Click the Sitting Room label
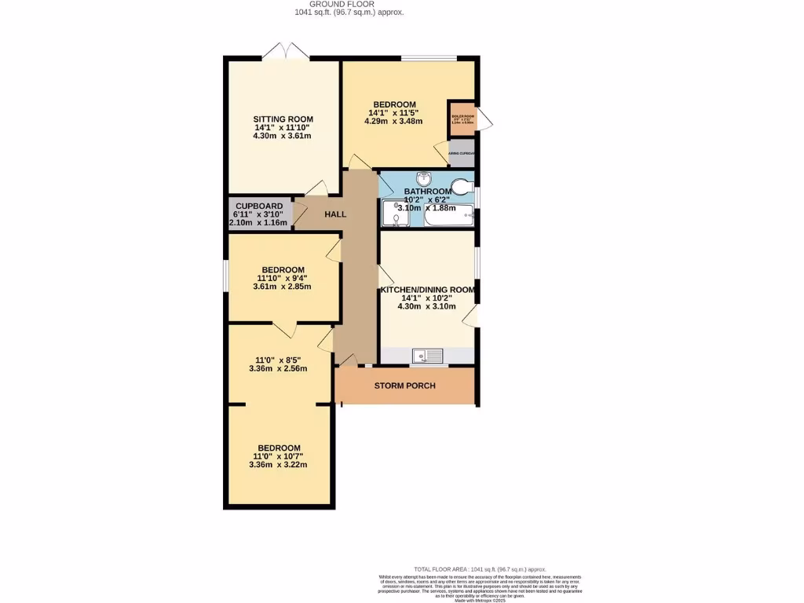pyautogui.click(x=282, y=119)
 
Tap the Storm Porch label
pyautogui.click(x=404, y=386)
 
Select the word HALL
pyautogui.click(x=335, y=214)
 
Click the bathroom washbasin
pyautogui.click(x=424, y=178)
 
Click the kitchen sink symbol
pyautogui.click(x=427, y=356)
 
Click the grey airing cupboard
pyautogui.click(x=462, y=154)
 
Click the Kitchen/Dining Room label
pyautogui.click(x=428, y=290)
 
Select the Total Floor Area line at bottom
pyautogui.click(x=480, y=569)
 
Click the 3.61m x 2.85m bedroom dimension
pyautogui.click(x=282, y=287)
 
